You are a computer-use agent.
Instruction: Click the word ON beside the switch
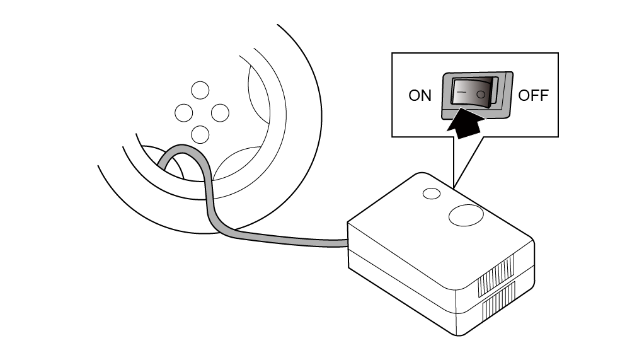pos(420,95)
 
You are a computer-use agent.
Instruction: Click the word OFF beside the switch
pos(533,95)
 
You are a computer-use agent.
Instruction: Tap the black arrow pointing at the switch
pos(466,124)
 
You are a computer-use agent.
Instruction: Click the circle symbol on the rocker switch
pos(481,94)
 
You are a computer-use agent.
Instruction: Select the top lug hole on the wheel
pos(200,90)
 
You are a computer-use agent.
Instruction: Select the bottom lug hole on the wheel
pos(200,134)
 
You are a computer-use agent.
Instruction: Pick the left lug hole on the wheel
pos(183,113)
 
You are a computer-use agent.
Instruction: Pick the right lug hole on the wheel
pos(220,113)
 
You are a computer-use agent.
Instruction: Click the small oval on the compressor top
pos(432,194)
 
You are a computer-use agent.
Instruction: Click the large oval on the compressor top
pos(466,215)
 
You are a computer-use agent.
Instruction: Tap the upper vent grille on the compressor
pos(497,276)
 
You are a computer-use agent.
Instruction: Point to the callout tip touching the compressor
pos(454,187)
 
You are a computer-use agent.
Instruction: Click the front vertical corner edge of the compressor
pos(457,313)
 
